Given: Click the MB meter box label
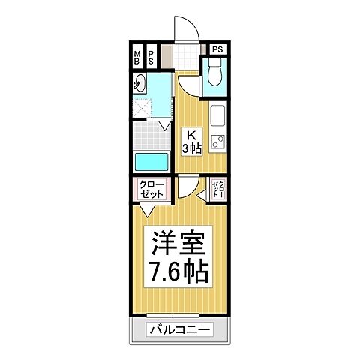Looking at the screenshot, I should pos(137,57).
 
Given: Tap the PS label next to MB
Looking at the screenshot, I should pos(151,57).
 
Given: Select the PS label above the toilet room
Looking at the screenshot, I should pos(217,49).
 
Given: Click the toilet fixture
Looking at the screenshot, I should pos(214,73).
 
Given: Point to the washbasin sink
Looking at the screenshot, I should pos(140,83).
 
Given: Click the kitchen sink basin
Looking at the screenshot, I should pos(217,116).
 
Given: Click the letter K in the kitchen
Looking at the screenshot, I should pos(192,135).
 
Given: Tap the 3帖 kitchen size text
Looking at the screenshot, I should pos(192,148).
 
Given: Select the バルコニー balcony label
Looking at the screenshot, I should pos(179,329).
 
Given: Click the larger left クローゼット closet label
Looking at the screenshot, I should pos(152,189).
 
